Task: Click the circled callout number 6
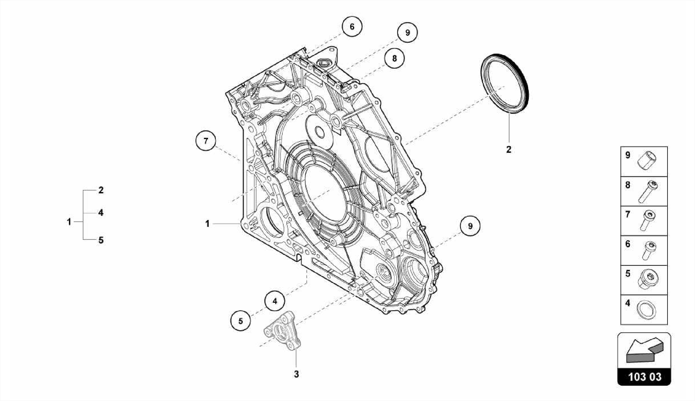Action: pyautogui.click(x=352, y=26)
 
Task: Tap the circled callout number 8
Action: pyautogui.click(x=394, y=58)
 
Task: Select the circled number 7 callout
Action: pyautogui.click(x=206, y=140)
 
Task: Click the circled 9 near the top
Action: pyautogui.click(x=408, y=33)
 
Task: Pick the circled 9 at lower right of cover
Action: pyautogui.click(x=470, y=226)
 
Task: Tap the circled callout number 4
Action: pyautogui.click(x=275, y=301)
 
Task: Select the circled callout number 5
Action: pyautogui.click(x=241, y=321)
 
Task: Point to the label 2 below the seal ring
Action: pyautogui.click(x=508, y=149)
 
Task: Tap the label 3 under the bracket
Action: pyautogui.click(x=296, y=374)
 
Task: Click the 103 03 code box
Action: pyautogui.click(x=644, y=377)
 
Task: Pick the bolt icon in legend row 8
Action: pyautogui.click(x=649, y=191)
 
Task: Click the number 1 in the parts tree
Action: pyautogui.click(x=69, y=222)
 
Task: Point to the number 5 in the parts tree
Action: pyautogui.click(x=101, y=240)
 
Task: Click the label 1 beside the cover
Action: pyautogui.click(x=207, y=224)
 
